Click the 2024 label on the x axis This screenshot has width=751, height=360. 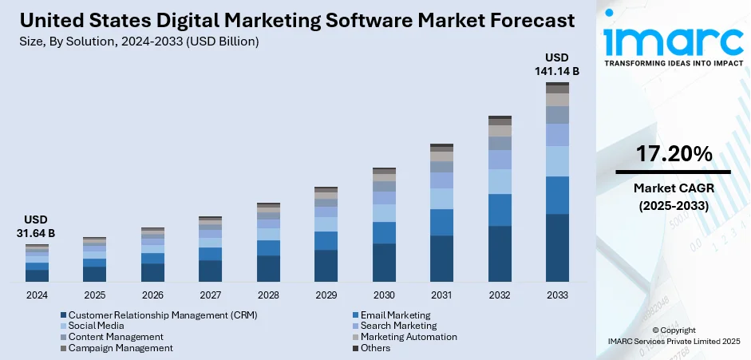click(37, 295)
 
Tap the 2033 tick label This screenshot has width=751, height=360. click(557, 295)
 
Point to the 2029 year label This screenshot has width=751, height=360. click(326, 295)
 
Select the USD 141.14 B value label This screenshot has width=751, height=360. click(557, 65)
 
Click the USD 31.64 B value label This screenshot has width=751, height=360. click(37, 226)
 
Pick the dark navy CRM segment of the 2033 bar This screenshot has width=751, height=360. click(557, 247)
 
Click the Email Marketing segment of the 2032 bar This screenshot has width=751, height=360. click(500, 209)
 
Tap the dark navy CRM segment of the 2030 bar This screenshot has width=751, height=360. click(384, 262)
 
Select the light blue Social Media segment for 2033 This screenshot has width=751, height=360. click(557, 160)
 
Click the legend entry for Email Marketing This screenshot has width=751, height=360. click(395, 315)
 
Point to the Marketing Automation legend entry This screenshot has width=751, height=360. click(408, 337)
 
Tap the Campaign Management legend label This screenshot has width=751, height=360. click(121, 348)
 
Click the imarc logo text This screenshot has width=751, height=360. click(672, 38)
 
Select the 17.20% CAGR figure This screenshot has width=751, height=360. click(674, 155)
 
